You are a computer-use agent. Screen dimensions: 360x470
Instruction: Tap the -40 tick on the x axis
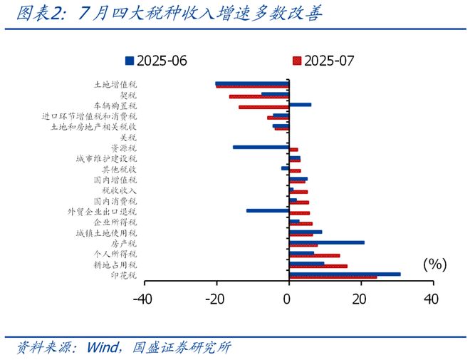[144, 299]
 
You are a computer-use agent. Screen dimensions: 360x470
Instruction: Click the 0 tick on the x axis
[288, 299]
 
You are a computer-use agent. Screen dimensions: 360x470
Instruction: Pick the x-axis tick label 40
[432, 299]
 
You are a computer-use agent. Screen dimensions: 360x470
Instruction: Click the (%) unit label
[434, 264]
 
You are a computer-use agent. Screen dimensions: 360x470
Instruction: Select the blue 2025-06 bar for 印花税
[344, 274]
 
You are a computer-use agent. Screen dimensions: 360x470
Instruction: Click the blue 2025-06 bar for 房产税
[326, 242]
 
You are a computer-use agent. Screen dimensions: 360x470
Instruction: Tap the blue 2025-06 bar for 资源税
[261, 147]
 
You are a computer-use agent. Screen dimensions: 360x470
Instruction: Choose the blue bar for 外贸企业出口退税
[267, 210]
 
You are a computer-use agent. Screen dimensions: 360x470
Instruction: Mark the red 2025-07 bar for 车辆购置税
[263, 107]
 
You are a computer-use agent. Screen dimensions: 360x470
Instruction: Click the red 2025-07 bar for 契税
[258, 97]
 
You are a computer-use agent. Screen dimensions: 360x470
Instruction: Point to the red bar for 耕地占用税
[318, 267]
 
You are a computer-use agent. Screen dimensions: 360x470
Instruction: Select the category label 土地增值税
[115, 84]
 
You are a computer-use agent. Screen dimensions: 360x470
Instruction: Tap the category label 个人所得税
[115, 254]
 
